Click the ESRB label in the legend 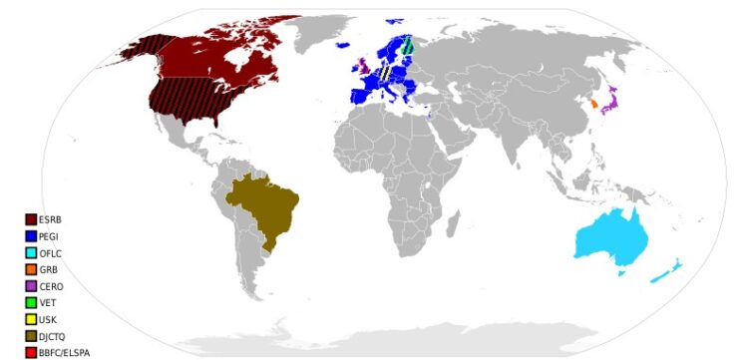[x=51, y=220]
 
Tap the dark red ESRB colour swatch [x=31, y=220]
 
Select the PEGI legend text [x=50, y=236]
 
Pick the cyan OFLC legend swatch [x=31, y=253]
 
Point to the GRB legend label [x=49, y=270]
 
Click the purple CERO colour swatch [x=31, y=287]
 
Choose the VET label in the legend [x=48, y=303]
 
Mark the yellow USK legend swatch [x=31, y=320]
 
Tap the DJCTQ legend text [x=54, y=336]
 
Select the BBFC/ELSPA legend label [x=64, y=352]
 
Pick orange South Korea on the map [x=592, y=103]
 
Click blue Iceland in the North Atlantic [x=345, y=44]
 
